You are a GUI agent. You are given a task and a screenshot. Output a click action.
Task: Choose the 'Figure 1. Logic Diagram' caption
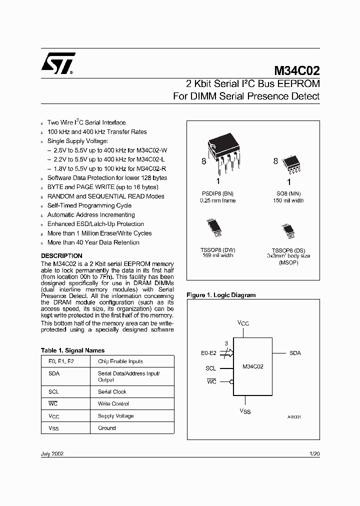(x=221, y=295)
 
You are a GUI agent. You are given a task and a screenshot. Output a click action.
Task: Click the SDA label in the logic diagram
(x=295, y=353)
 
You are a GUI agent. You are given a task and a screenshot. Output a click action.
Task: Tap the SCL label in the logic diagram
(x=210, y=368)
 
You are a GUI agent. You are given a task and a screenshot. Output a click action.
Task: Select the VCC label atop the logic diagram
(x=243, y=323)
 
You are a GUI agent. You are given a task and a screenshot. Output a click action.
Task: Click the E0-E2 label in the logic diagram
(x=208, y=353)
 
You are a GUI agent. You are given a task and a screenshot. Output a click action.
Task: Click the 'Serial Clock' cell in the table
(x=112, y=391)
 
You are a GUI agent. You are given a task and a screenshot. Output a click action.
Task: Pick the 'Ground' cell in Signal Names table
(x=106, y=428)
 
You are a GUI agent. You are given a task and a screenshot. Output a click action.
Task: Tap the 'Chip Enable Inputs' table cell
(x=120, y=361)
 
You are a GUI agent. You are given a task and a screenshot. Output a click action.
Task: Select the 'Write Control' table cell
(x=113, y=403)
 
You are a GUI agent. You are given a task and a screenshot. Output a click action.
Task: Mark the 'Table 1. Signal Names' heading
(x=72, y=350)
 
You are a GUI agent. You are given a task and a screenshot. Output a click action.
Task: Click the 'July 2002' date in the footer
(x=52, y=453)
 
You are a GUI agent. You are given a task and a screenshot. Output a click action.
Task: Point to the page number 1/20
(x=314, y=453)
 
